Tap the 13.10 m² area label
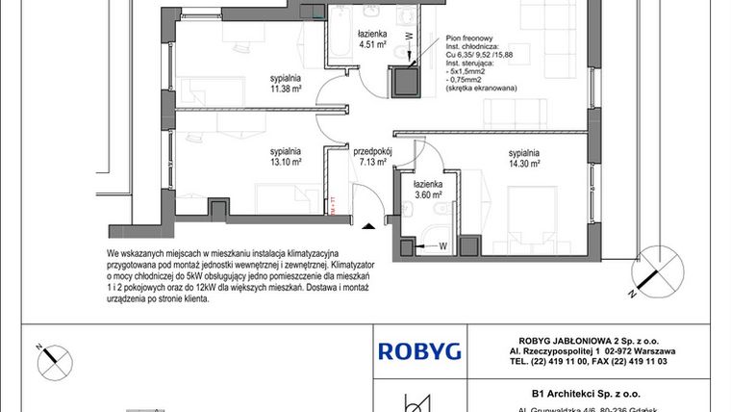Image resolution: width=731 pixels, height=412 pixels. [286, 157]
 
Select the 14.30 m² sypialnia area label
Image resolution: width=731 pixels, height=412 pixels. [524, 159]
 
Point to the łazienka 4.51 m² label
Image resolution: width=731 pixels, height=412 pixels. [372, 39]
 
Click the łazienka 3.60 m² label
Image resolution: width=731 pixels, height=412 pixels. [427, 189]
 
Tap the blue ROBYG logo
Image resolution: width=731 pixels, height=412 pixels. [418, 350]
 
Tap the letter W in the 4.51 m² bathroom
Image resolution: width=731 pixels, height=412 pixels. [407, 36]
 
